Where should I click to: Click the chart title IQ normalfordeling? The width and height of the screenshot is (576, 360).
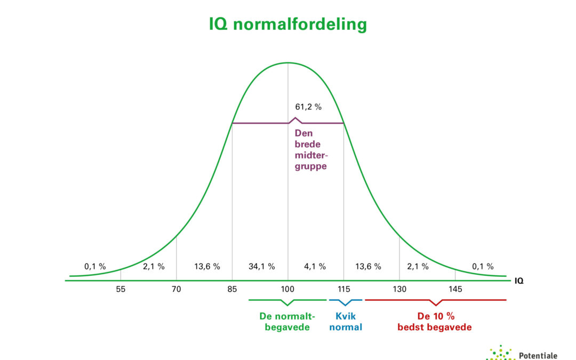coord(287,25)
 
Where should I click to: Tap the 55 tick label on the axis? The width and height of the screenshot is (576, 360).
coord(121,289)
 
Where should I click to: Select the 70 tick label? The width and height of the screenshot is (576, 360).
coord(177,289)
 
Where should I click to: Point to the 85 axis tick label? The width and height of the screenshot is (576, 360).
coord(232,289)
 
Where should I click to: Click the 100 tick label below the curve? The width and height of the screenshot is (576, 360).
coord(288,289)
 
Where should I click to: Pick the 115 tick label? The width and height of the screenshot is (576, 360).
coord(343,289)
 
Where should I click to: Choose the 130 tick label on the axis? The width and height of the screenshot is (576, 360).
coord(399,289)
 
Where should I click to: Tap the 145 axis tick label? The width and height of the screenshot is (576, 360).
coord(455,289)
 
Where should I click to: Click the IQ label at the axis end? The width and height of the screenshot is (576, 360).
coord(519,280)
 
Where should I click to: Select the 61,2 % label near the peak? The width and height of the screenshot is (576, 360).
coord(308,107)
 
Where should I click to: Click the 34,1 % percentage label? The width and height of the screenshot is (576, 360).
coord(261,267)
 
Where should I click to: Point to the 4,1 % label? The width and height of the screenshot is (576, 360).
coord(315,267)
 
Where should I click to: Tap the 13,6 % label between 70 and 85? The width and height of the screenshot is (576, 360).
coord(206,267)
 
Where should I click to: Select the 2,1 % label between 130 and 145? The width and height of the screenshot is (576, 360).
coord(418,267)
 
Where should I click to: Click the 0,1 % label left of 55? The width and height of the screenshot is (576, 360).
coord(95,267)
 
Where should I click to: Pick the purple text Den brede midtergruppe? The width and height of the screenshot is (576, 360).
coord(310,150)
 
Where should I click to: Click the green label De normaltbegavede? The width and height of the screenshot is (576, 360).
coord(287,322)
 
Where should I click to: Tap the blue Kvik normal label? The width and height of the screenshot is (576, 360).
coord(346,322)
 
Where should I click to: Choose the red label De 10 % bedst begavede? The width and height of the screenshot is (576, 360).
coord(434,322)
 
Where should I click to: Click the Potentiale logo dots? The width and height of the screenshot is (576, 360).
coord(500,354)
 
